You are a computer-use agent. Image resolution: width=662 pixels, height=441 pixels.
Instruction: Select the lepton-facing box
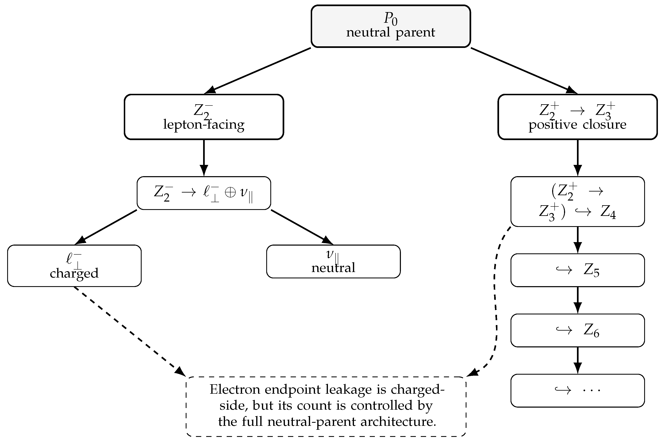click(204, 117)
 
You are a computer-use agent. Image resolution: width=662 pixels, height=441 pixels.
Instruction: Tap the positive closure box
click(577, 117)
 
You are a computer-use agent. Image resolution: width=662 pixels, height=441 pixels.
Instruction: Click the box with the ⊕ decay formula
click(204, 193)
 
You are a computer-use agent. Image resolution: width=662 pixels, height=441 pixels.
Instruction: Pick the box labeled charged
click(74, 266)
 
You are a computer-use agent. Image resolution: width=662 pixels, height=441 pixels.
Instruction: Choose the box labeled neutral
click(333, 262)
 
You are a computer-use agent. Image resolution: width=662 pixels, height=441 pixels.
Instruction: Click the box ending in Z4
click(578, 201)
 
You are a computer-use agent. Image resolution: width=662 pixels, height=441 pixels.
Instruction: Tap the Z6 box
click(578, 330)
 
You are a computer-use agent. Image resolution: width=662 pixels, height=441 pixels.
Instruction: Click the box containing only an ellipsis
click(578, 391)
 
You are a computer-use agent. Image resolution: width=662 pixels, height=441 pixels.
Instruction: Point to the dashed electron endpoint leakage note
click(326, 406)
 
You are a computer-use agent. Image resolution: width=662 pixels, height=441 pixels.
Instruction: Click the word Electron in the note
click(235, 390)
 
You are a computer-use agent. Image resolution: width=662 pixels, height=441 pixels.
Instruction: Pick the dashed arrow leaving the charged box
click(129, 331)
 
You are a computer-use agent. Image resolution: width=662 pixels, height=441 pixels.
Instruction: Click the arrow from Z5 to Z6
click(578, 300)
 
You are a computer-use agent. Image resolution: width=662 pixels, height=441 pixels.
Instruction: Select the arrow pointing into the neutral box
click(302, 227)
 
